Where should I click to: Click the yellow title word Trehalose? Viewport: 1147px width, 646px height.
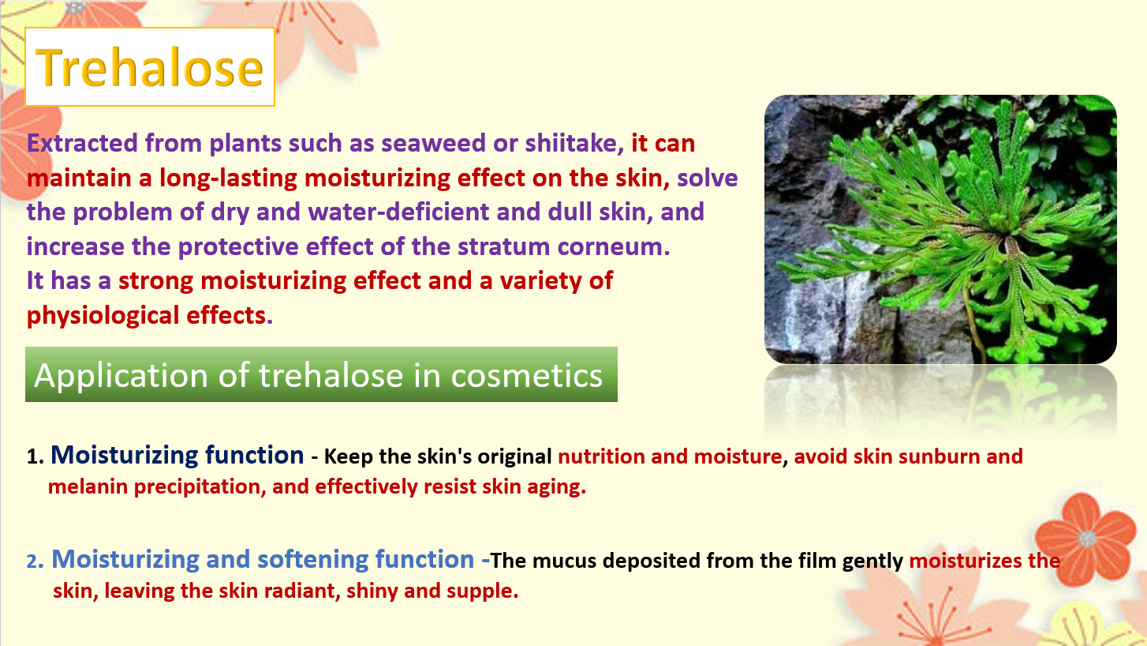tap(150, 67)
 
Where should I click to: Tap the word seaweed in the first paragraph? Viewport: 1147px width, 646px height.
tap(433, 143)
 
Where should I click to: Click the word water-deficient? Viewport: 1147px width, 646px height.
tap(398, 212)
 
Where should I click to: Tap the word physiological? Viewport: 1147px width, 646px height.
tap(103, 316)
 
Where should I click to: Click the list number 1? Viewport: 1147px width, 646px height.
tap(35, 456)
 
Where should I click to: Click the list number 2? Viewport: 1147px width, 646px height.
tap(35, 561)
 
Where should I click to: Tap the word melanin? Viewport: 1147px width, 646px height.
tap(88, 486)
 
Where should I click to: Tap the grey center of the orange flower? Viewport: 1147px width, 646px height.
tap(1087, 539)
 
